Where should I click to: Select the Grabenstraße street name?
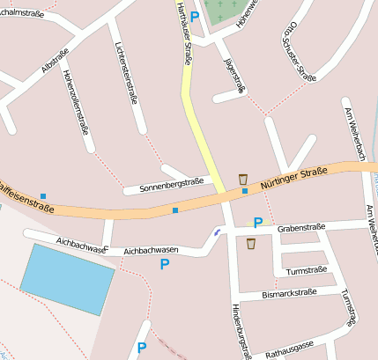point(302,228)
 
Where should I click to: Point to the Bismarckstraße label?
point(289,293)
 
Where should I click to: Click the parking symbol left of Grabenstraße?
point(258,223)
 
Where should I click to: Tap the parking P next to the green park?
point(195,16)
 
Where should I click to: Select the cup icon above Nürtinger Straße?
point(243,179)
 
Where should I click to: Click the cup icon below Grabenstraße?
point(251,244)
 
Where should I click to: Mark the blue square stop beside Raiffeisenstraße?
point(43,195)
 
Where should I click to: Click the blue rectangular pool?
point(67,278)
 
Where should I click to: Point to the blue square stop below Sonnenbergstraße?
point(175,210)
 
